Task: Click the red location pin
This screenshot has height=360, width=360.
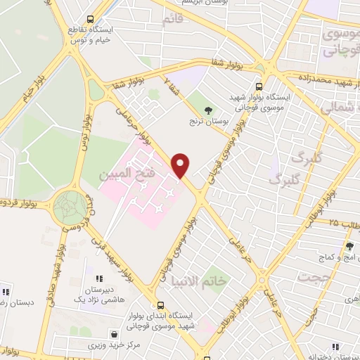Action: [181, 165]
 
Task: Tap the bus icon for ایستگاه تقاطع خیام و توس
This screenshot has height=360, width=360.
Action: [89, 20]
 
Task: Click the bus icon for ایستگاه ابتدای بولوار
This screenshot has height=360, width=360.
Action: [162, 306]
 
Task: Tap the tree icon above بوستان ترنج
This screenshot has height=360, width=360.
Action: [207, 109]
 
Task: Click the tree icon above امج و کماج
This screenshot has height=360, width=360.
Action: [349, 246]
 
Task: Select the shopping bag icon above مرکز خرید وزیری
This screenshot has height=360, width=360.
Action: [114, 334]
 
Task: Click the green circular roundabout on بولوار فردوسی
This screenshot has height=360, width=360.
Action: [71, 207]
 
